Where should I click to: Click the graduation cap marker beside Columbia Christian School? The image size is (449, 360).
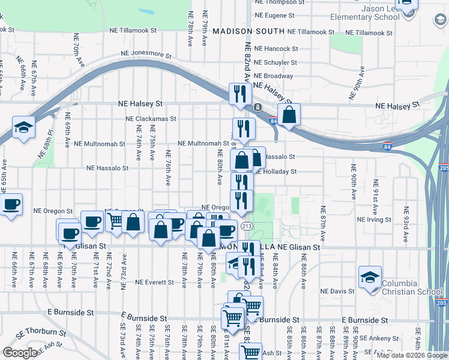pyautogui.click(x=370, y=277)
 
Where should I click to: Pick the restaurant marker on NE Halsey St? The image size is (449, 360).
pyautogui.click(x=239, y=95)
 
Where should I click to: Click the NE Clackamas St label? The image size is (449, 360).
pyautogui.click(x=151, y=119)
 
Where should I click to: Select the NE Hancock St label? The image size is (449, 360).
pyautogui.click(x=276, y=49)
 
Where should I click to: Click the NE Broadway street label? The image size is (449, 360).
pyautogui.click(x=273, y=76)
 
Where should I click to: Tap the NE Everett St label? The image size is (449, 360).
pyautogui.click(x=154, y=282)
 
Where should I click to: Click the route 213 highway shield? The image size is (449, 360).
pyautogui.click(x=247, y=226)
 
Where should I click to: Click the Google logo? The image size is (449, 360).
pyautogui.click(x=20, y=353)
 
